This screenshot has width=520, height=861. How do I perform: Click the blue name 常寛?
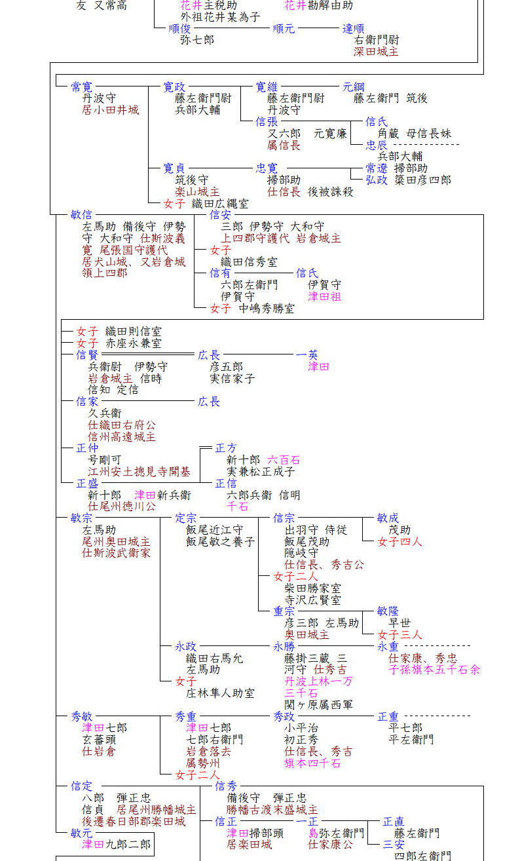point(82,87)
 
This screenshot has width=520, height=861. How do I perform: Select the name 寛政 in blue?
point(174,87)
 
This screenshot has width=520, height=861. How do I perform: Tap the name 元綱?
point(354,87)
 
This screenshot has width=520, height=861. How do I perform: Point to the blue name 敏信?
point(82,215)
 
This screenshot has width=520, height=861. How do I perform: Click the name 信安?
point(221,215)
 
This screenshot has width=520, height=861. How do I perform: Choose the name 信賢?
point(87,355)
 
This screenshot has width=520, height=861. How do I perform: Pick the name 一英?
point(307,355)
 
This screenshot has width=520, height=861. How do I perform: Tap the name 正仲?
point(87,448)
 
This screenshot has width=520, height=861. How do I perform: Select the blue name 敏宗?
point(82,518)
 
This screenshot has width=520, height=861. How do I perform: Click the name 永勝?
point(284,647)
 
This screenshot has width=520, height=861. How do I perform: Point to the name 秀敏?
point(82,717)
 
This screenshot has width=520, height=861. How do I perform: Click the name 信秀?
point(226,786)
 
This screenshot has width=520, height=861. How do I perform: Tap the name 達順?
point(354,29)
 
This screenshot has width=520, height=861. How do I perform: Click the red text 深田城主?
point(376,52)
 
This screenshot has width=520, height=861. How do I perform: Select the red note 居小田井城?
point(111,110)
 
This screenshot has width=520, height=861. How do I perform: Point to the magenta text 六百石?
point(284,460)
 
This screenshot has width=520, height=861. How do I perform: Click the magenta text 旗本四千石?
point(312,763)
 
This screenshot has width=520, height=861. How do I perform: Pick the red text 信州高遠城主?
point(122,437)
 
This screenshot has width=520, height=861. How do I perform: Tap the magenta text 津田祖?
point(325,297)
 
